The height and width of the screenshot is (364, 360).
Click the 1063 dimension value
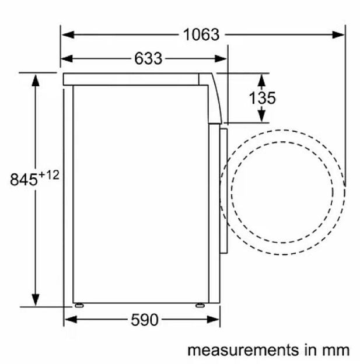201,34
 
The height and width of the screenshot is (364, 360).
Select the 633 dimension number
148,58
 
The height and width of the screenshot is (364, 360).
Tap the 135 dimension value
263,98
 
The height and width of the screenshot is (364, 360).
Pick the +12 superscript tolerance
50,175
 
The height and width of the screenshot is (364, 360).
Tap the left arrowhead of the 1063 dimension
67,34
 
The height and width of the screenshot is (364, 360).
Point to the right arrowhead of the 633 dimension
222,58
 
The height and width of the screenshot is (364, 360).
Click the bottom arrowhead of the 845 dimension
36,301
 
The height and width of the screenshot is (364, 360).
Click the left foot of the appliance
78,304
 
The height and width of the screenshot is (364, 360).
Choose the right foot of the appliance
200,304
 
